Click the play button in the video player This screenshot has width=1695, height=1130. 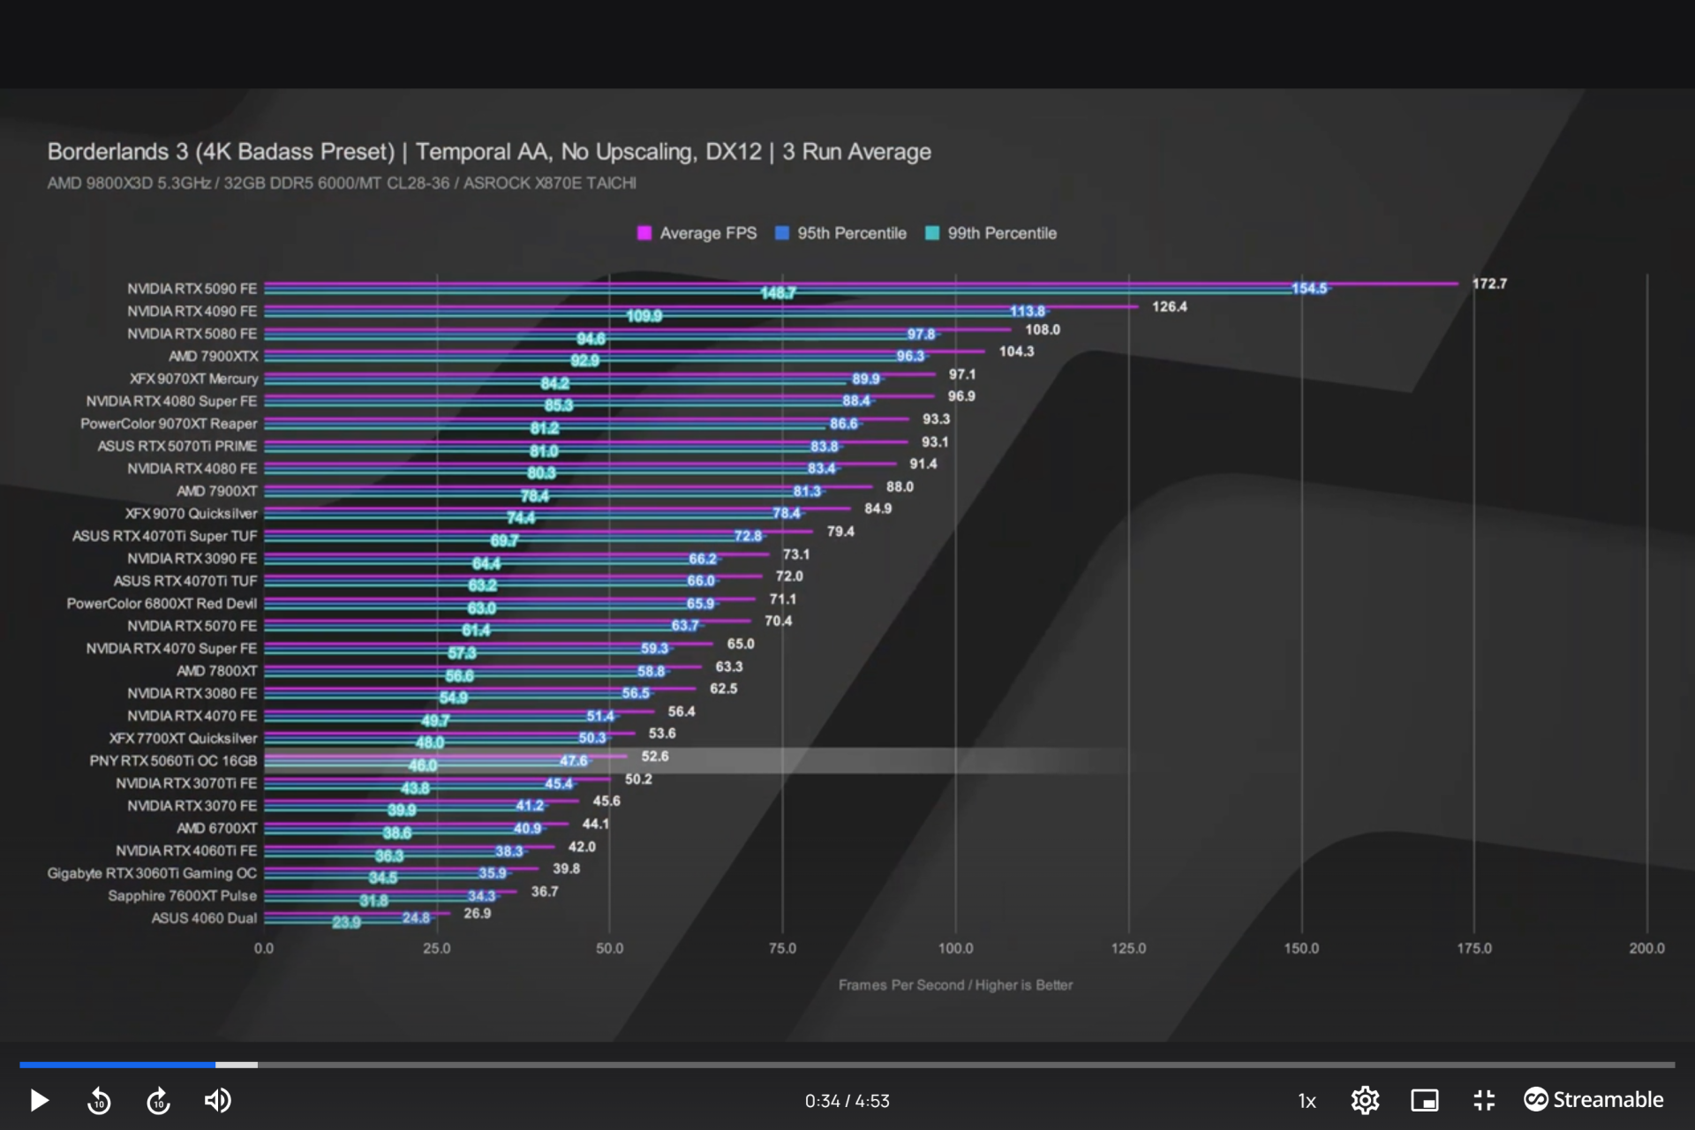click(x=39, y=1100)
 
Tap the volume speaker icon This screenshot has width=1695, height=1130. click(x=217, y=1100)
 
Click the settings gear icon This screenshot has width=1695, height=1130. click(x=1365, y=1100)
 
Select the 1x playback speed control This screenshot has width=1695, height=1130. click(x=1307, y=1101)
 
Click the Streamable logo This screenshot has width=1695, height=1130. click(x=1593, y=1099)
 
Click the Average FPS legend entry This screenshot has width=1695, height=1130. click(x=697, y=233)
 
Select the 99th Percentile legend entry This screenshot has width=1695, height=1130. click(x=991, y=233)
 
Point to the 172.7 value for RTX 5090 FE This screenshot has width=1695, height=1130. click(x=1489, y=283)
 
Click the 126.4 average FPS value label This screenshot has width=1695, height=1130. click(x=1169, y=306)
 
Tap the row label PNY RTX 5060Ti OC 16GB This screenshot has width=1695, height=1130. click(x=173, y=760)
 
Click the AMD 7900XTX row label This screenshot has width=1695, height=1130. click(x=214, y=356)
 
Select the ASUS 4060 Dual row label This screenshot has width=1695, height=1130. click(x=204, y=918)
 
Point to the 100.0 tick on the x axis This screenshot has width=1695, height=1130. click(x=955, y=948)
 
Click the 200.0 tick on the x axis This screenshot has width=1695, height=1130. click(x=1646, y=948)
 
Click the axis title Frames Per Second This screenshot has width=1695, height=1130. click(x=955, y=984)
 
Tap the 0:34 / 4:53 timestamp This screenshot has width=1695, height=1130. click(x=847, y=1101)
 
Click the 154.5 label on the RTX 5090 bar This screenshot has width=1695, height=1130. click(x=1309, y=289)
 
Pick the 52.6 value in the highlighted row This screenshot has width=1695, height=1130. click(x=655, y=757)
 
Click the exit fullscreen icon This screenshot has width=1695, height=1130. click(x=1484, y=1100)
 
